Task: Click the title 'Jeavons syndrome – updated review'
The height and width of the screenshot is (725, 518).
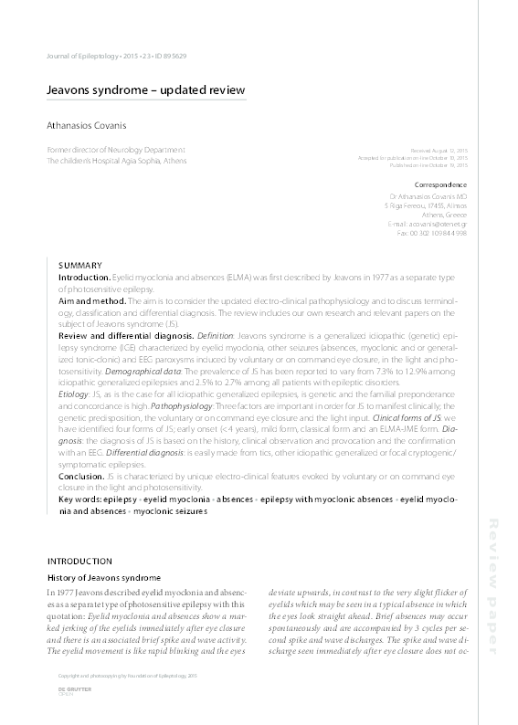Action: (146, 90)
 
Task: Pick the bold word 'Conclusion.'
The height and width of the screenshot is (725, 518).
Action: (82, 477)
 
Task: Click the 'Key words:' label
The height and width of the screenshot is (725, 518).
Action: (79, 500)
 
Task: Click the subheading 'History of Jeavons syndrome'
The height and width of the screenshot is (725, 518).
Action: (104, 579)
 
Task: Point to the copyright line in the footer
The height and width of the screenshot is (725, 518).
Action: (115, 676)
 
